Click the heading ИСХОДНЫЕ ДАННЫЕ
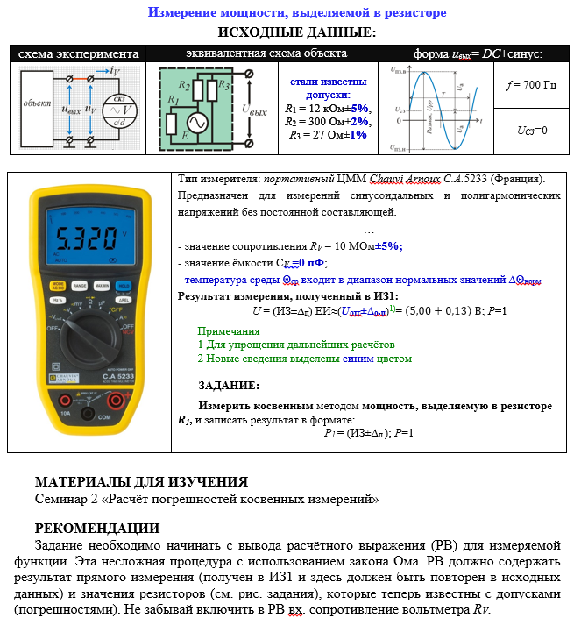296,32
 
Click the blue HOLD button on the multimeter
124,286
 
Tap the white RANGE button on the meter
79,286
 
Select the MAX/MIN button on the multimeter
101,286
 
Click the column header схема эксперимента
79,54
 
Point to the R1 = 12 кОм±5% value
329,109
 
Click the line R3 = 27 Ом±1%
329,135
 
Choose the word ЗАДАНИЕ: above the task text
228,385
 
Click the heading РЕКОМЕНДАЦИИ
96,528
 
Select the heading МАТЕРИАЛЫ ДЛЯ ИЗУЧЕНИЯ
141,481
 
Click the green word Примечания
229,331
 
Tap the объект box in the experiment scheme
38,103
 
